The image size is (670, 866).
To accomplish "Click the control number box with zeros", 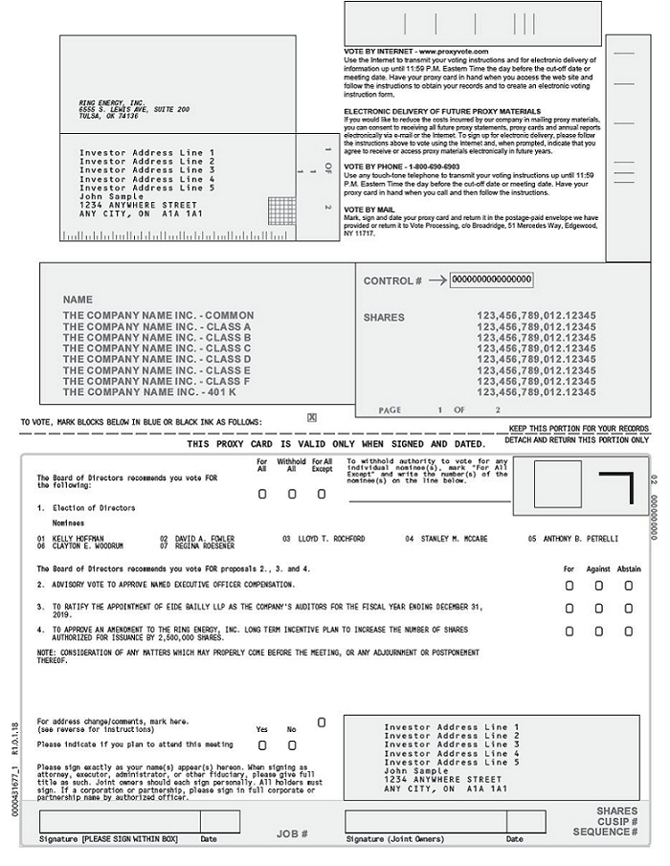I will point(491,279).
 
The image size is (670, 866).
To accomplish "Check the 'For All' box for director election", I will point(262,495).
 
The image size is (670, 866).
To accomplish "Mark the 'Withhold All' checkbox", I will point(292,495).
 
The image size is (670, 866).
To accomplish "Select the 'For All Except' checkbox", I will point(322,495).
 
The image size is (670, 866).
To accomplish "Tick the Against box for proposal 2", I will point(599,585).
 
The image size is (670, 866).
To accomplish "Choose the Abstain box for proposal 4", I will point(629,632).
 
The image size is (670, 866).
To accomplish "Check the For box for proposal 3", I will point(569,609).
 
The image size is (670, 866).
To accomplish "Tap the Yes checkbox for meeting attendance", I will point(262,744).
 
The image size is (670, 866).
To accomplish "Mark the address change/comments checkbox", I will point(322,722).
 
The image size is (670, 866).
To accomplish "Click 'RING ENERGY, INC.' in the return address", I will point(112,102).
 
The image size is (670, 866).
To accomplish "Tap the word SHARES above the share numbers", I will point(384,318).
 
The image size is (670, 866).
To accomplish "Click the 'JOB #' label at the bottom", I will point(292,833).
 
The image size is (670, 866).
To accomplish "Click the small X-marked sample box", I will point(312,418).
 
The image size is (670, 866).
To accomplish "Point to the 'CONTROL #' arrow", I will point(436,280).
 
